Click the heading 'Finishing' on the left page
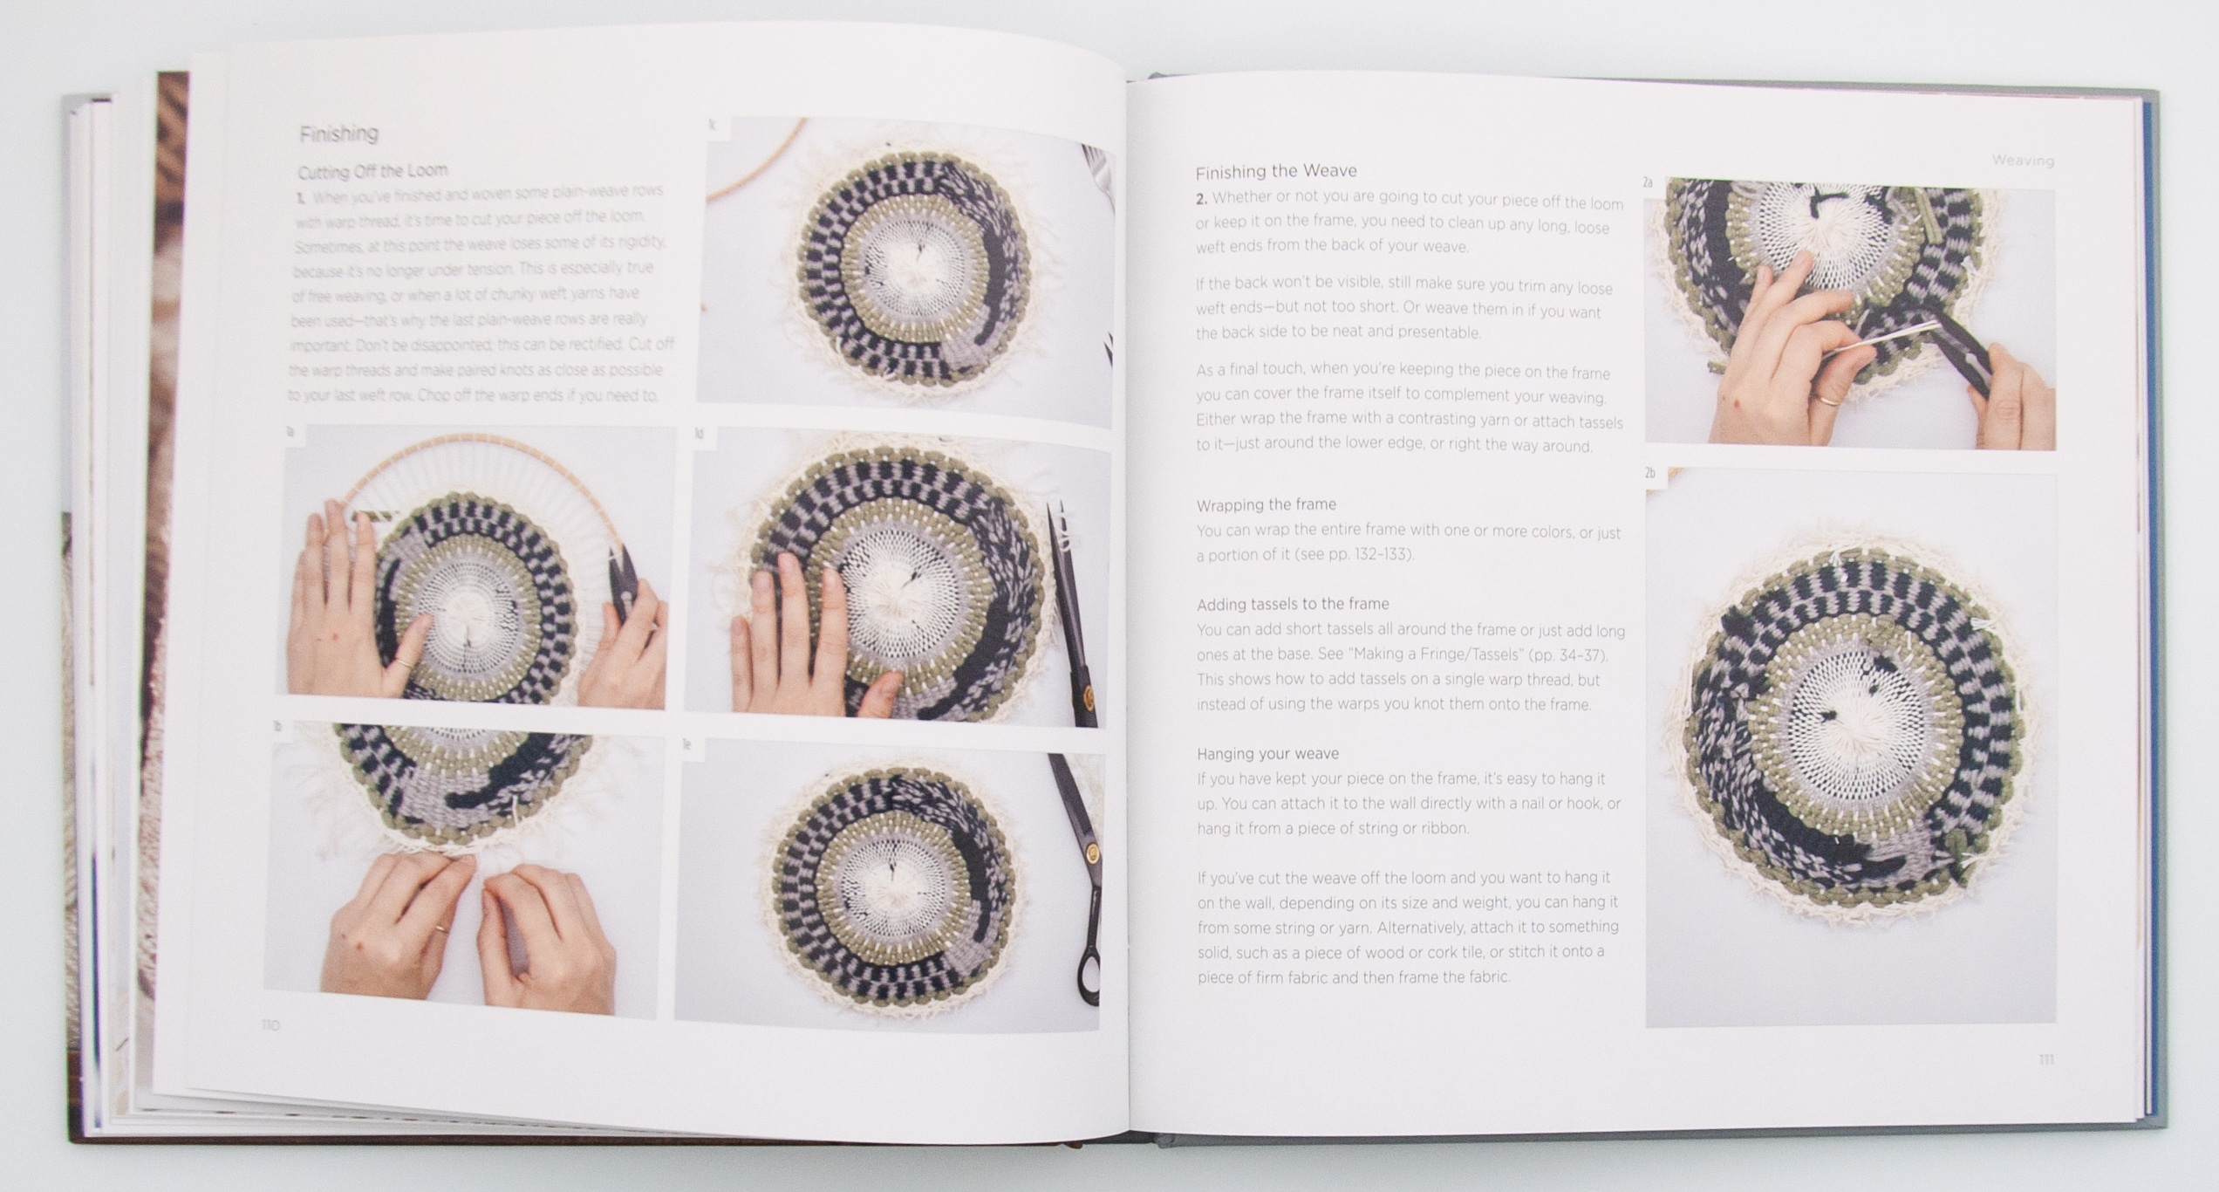(338, 134)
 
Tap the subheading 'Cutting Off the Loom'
(372, 171)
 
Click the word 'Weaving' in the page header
(2023, 161)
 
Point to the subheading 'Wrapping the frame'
(1266, 504)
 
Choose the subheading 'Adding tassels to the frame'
(1293, 604)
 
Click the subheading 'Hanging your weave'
(1267, 753)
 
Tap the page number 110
(270, 1025)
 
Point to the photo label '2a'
(1648, 183)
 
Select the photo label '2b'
(1649, 473)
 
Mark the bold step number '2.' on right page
(1201, 199)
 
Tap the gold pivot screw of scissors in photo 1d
(1087, 695)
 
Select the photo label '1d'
(699, 434)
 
